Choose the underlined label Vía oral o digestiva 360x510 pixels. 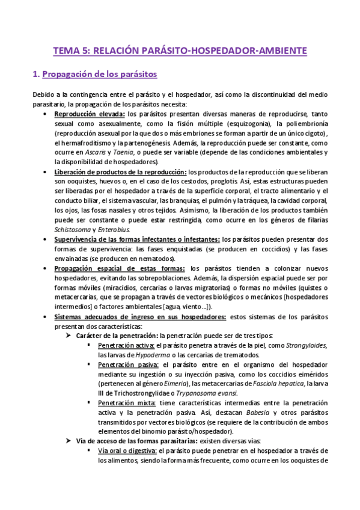tap(126, 451)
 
